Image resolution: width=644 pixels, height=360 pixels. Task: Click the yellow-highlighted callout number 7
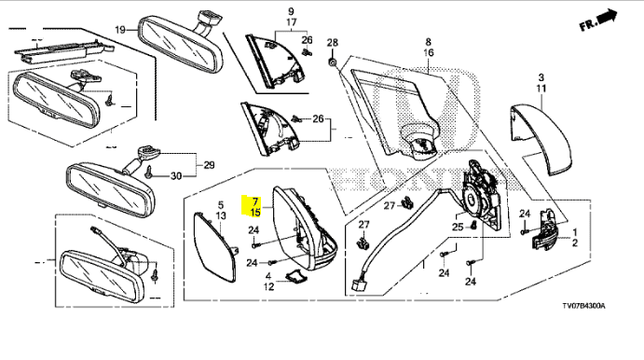(x=255, y=201)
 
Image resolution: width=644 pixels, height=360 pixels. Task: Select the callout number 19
(x=120, y=30)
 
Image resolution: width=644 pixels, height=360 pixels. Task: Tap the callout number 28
(x=333, y=42)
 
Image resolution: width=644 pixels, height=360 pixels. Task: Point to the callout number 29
(x=209, y=165)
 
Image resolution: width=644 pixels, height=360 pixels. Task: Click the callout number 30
(x=176, y=176)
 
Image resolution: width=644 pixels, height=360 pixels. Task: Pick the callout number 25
(x=458, y=227)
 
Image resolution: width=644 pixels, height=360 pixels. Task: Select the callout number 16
(x=429, y=52)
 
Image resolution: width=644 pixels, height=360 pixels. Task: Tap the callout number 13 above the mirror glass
(x=221, y=215)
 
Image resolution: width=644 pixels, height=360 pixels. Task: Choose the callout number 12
(x=268, y=286)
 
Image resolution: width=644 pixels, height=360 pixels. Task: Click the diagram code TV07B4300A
(x=583, y=306)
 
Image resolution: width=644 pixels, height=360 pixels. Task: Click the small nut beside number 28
(x=333, y=62)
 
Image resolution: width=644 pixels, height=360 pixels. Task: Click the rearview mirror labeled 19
(x=181, y=44)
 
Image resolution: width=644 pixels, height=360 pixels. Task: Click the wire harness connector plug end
(x=355, y=284)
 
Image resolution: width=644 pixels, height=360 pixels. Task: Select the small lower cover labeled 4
(x=295, y=276)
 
